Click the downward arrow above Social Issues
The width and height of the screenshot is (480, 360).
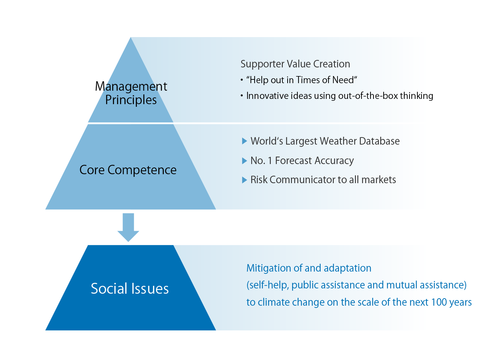(x=128, y=227)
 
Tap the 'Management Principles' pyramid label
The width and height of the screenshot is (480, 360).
(x=131, y=93)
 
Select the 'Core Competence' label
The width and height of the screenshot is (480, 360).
(x=128, y=170)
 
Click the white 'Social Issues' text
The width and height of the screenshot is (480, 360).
(x=130, y=288)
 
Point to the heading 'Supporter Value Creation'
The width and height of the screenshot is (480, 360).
(x=295, y=64)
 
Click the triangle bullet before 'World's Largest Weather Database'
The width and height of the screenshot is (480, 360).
(x=244, y=141)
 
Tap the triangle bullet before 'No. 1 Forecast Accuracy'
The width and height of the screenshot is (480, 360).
(x=244, y=161)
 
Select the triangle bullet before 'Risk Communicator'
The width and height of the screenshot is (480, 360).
(x=244, y=180)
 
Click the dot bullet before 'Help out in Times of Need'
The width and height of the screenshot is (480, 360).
(x=241, y=80)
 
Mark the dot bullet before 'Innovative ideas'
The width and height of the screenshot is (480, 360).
(x=241, y=96)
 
